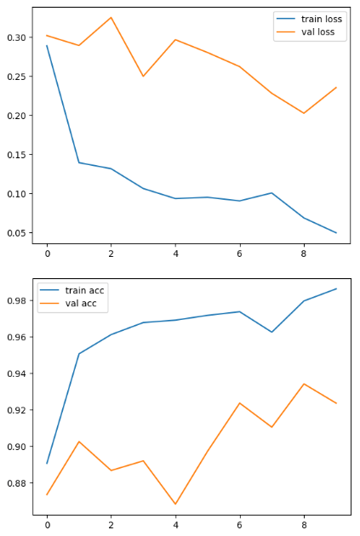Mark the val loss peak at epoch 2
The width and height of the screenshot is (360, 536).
click(x=111, y=17)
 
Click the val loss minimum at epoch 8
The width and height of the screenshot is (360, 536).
click(x=304, y=113)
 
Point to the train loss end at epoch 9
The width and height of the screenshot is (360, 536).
click(x=336, y=232)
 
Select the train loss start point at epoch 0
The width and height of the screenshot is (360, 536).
click(x=47, y=45)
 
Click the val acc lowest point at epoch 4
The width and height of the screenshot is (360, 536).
click(x=175, y=504)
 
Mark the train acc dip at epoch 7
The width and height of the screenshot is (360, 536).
click(x=271, y=332)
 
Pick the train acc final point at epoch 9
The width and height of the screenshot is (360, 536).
click(x=336, y=288)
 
